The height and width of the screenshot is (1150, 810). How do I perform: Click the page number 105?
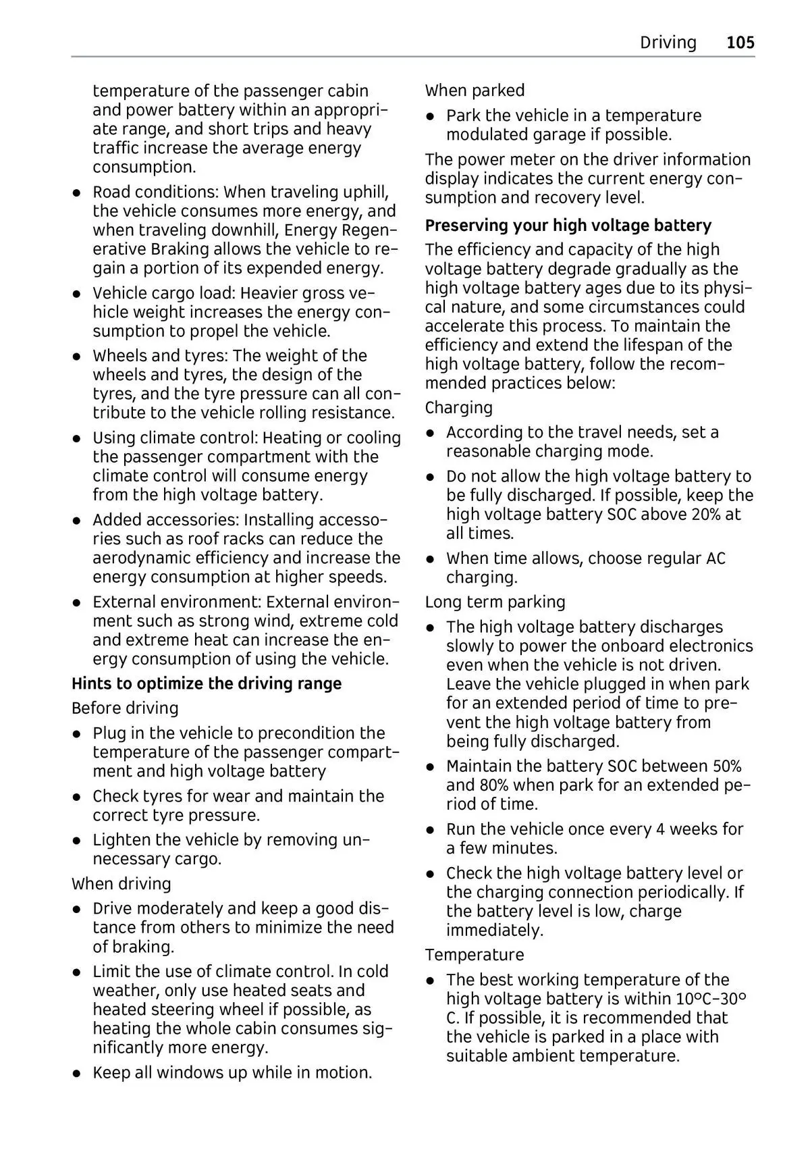pos(740,43)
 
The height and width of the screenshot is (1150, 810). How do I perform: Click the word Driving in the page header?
pos(668,43)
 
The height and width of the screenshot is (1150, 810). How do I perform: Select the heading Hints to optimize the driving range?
pos(207,683)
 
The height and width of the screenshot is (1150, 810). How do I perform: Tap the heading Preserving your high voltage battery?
pos(568,225)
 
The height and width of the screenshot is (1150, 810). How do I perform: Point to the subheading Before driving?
pos(125,708)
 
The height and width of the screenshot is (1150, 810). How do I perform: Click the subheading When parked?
pos(475,90)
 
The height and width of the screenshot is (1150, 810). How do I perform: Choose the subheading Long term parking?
pos(495,602)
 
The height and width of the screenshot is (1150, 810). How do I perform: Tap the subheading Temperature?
pos(474,955)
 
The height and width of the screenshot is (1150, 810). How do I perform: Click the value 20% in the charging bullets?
pos(707,515)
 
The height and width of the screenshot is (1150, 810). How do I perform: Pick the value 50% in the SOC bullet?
pos(727,766)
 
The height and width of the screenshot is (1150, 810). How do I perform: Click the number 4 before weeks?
pos(660,829)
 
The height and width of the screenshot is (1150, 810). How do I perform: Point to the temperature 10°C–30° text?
pos(711,999)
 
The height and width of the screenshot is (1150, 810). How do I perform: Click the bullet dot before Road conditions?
pos(78,193)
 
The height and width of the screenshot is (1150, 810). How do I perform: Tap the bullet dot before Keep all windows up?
pos(78,1073)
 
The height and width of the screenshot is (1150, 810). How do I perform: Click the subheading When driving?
pos(122,884)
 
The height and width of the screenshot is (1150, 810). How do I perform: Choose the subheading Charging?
pos(459,408)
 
